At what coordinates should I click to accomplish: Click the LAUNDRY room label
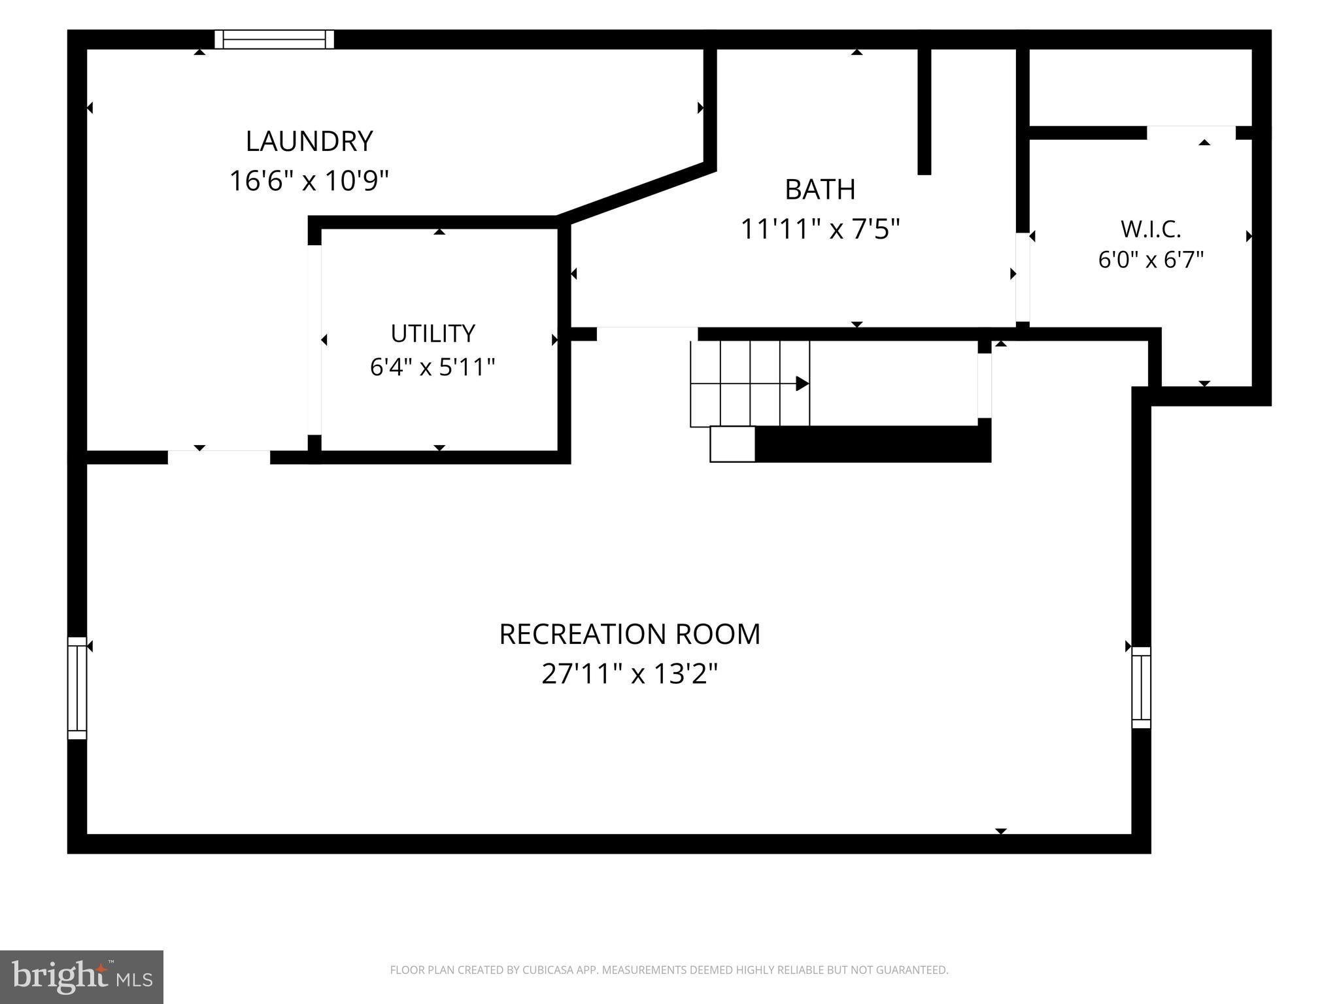(x=309, y=141)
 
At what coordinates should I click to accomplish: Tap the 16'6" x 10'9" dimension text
(x=309, y=180)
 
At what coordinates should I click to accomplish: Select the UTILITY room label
(x=433, y=333)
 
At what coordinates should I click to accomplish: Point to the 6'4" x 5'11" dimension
(x=433, y=367)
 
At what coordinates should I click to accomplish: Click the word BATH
(x=820, y=190)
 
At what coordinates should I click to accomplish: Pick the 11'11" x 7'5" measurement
(x=820, y=229)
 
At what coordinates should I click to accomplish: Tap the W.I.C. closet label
(x=1151, y=229)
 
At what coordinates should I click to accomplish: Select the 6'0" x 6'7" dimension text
(x=1151, y=259)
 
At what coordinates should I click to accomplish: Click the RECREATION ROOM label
(x=630, y=634)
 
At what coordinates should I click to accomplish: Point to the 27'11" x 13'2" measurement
(x=630, y=673)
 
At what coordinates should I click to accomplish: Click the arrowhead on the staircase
(x=802, y=384)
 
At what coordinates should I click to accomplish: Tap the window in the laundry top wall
(x=275, y=39)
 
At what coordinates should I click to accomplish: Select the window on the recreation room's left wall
(x=77, y=688)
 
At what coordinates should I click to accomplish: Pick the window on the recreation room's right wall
(x=1142, y=688)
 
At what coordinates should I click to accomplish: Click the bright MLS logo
(x=82, y=977)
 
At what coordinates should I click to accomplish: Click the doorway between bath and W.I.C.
(x=1023, y=277)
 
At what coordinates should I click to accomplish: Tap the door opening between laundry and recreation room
(x=219, y=457)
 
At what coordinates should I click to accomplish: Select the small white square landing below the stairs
(x=732, y=444)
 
